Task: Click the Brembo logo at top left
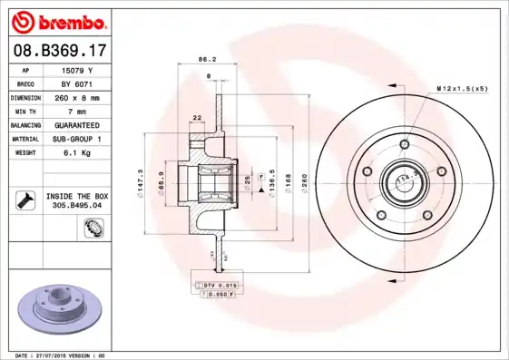point(57,21)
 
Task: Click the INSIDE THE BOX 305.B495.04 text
point(77,200)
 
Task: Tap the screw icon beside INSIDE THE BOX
point(23,199)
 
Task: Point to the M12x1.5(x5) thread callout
point(462,89)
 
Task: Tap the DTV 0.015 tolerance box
point(215,285)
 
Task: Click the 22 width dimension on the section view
point(196,117)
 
